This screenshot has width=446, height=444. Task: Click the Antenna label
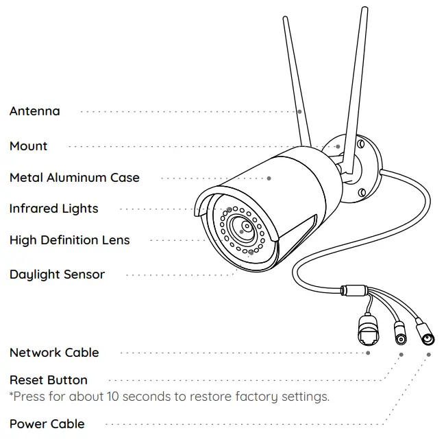35,111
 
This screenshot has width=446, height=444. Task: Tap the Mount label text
29,146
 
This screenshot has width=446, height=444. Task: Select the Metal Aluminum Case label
75,178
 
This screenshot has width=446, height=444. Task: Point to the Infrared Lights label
54,209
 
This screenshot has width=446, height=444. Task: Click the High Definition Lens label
70,240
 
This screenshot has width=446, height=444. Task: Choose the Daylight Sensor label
58,274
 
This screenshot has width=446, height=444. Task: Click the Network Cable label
54,353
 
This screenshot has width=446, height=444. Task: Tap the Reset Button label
49,380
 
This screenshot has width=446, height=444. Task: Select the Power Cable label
47,424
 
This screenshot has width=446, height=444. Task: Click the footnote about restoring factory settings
169,397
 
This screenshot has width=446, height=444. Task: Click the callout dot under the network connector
368,353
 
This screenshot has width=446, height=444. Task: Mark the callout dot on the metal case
269,178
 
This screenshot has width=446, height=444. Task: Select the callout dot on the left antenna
299,111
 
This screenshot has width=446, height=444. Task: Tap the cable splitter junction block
354,290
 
